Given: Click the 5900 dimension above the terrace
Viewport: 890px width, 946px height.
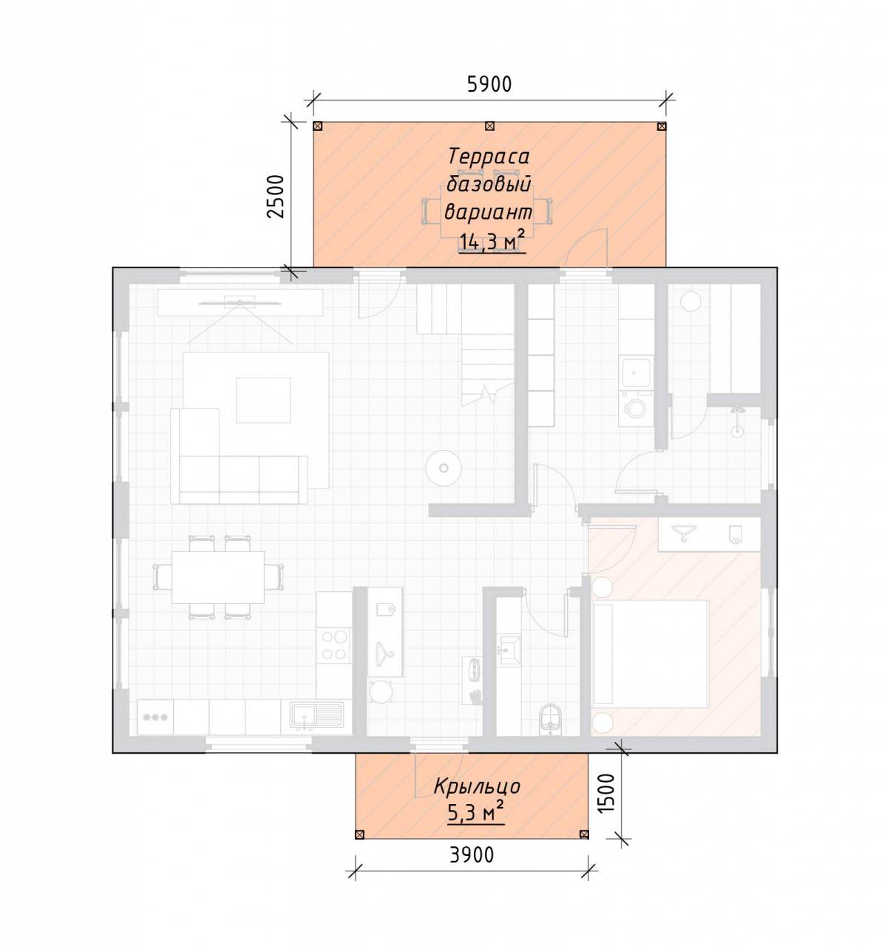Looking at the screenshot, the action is pyautogui.click(x=489, y=85).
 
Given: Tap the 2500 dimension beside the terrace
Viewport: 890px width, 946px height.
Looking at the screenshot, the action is pyautogui.click(x=276, y=197).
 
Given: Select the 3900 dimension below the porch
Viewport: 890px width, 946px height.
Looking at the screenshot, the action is pyautogui.click(x=472, y=855).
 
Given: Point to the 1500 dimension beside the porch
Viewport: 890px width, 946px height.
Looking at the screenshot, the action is pyautogui.click(x=606, y=793).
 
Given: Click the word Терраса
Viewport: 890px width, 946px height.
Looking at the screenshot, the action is pyautogui.click(x=489, y=156).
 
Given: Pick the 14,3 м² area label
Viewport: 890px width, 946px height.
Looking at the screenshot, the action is pyautogui.click(x=492, y=242).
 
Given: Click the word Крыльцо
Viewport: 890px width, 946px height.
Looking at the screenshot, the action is pyautogui.click(x=477, y=786).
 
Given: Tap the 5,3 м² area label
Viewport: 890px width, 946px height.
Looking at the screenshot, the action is pyautogui.click(x=476, y=812).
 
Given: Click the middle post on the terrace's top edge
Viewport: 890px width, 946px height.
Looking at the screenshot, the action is pyautogui.click(x=489, y=126).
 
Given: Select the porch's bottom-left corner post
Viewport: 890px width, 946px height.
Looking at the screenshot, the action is pyautogui.click(x=360, y=834).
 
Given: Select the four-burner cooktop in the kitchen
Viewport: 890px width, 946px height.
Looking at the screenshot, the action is pyautogui.click(x=334, y=644).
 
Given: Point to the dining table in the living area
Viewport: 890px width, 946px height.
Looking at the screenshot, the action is pyautogui.click(x=218, y=577).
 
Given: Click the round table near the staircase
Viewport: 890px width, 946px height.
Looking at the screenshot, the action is pyautogui.click(x=444, y=469).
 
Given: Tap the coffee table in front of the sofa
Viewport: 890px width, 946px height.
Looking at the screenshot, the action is pyautogui.click(x=263, y=400).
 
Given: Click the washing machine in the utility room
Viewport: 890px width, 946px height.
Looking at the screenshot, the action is pyautogui.click(x=636, y=409).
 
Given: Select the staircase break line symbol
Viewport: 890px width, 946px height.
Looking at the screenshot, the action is pyautogui.click(x=488, y=393).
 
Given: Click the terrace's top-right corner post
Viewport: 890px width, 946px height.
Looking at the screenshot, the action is pyautogui.click(x=662, y=126).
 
